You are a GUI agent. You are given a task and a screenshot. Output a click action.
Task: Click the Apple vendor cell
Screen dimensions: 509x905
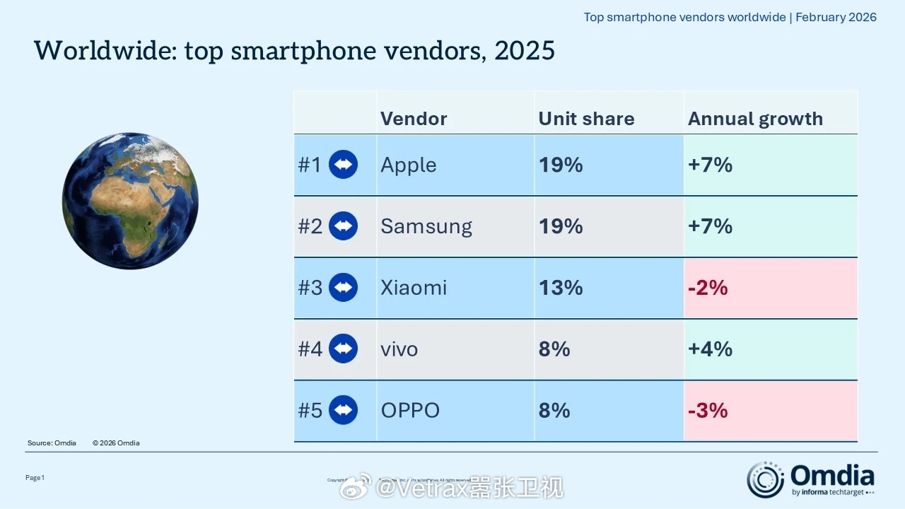point(409,165)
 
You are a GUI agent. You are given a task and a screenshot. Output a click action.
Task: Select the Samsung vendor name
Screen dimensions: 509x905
point(426,226)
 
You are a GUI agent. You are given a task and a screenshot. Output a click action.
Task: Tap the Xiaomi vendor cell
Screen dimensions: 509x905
point(414,288)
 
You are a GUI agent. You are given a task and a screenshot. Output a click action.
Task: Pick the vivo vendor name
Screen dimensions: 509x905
point(399,349)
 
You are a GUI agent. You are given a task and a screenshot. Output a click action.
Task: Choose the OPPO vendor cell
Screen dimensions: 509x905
point(410,411)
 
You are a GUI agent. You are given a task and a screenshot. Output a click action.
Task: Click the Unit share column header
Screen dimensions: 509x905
point(586,119)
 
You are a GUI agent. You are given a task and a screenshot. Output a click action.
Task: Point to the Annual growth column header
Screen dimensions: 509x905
point(755,119)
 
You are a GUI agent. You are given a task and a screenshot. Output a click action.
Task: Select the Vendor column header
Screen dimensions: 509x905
point(414,119)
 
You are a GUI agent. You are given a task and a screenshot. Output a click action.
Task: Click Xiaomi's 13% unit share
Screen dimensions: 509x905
point(561,288)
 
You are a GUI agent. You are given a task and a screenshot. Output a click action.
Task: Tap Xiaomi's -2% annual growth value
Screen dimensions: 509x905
point(708,288)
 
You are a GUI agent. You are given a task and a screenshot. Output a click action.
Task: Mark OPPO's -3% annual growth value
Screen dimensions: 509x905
point(708,411)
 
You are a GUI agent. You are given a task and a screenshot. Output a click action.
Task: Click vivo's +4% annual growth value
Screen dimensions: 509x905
point(710,349)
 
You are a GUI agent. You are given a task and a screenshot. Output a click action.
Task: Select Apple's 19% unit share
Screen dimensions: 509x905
point(561,165)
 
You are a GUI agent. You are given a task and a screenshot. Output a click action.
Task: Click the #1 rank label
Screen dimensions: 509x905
point(310,165)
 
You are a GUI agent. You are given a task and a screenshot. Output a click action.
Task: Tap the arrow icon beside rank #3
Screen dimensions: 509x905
point(344,288)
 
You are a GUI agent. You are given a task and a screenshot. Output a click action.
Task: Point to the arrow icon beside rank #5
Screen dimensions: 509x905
point(344,411)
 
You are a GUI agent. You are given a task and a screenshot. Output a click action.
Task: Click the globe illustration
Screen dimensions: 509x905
point(130,201)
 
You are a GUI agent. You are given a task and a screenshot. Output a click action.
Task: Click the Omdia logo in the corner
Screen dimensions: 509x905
point(811,480)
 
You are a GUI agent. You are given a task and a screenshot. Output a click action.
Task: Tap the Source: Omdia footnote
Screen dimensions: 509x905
point(52,443)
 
